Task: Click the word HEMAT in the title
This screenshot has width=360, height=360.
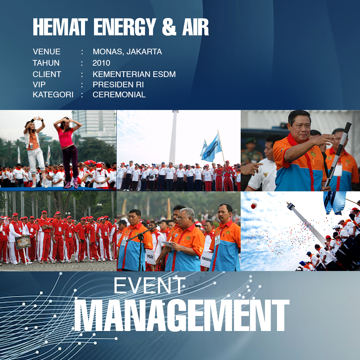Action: pyautogui.click(x=60, y=27)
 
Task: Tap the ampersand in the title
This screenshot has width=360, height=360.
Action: pyautogui.click(x=169, y=27)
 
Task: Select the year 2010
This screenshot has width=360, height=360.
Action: pyautogui.click(x=101, y=63)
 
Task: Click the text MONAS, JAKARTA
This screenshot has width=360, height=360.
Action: pyautogui.click(x=127, y=52)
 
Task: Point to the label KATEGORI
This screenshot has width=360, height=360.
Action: pyautogui.click(x=53, y=95)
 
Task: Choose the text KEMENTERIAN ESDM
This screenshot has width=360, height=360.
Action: pyautogui.click(x=134, y=74)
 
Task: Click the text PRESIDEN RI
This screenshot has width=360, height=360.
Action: pyautogui.click(x=118, y=84)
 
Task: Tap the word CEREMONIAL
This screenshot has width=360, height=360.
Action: pyautogui.click(x=119, y=95)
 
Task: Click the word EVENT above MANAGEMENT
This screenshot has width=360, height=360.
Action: pyautogui.click(x=149, y=285)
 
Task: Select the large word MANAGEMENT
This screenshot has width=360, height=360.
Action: pyautogui.click(x=182, y=315)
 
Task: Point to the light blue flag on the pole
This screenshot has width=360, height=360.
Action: pyautogui.click(x=211, y=148)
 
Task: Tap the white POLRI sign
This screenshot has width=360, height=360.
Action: pyautogui.click(x=151, y=257)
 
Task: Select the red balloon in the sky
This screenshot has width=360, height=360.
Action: pyautogui.click(x=254, y=205)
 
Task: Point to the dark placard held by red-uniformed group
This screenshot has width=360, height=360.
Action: pyautogui.click(x=23, y=242)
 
